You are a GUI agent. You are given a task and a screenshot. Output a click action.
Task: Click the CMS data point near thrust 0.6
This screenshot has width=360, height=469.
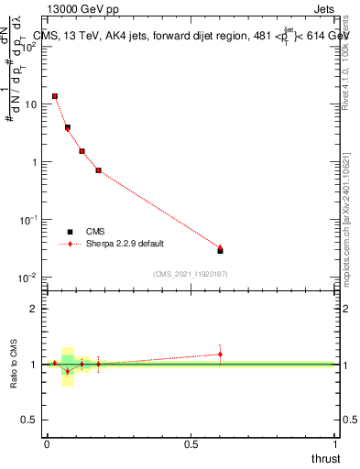pos(220,251)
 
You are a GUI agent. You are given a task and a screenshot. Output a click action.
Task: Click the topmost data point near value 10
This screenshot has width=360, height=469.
pos(55,95)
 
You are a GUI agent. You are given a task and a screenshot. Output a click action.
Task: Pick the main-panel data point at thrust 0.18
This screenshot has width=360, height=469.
pos(98,170)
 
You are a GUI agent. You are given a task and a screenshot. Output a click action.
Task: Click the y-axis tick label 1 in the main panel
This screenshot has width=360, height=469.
pos(34,162)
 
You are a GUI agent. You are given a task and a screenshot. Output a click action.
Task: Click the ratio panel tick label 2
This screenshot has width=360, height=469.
pos(34,310)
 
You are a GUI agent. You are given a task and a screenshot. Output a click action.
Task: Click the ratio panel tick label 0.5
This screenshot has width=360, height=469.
pos(29,420)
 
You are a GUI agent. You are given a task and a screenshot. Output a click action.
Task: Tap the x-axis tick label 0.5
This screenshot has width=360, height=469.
pos(191,444)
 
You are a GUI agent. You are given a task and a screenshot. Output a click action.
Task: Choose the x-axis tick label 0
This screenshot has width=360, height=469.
pos(47,444)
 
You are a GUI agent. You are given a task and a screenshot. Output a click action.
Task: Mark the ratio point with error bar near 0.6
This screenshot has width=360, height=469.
pos(220,354)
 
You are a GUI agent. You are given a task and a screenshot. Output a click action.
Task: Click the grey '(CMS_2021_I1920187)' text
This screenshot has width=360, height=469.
pos(191,272)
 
